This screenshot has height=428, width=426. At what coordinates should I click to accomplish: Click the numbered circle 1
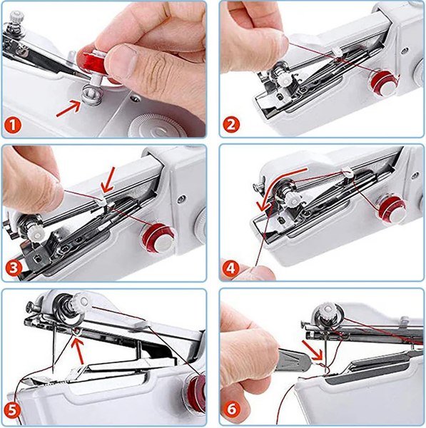point(13,126)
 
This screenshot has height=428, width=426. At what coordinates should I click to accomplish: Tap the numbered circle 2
point(231,125)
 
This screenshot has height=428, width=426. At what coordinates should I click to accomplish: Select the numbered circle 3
point(14,268)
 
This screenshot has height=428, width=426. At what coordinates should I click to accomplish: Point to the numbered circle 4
point(230,269)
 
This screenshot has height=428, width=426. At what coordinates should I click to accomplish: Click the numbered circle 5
point(13,409)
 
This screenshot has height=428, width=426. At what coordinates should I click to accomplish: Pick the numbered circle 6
point(231,409)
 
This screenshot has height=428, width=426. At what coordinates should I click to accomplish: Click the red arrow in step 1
point(69,108)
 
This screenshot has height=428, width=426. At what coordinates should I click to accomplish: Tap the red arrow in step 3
point(108,180)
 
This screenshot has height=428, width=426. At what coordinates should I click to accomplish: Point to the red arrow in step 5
point(78,351)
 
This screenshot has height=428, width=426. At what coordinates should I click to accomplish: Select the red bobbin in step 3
point(158,238)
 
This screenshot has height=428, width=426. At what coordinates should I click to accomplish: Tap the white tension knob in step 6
point(328,312)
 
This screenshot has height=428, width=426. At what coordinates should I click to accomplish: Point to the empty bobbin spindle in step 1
point(92,94)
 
